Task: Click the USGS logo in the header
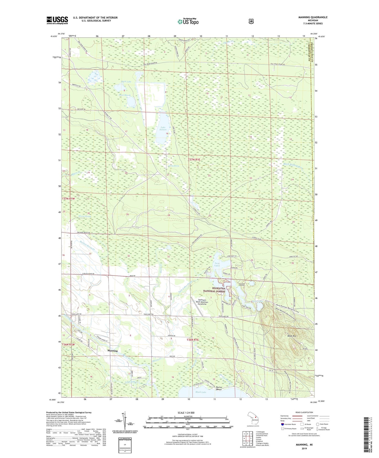click(57, 20)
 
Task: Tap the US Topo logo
click(188, 22)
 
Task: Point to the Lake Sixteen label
click(163, 129)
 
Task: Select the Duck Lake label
click(126, 82)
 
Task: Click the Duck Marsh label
click(124, 95)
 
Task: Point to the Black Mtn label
click(292, 336)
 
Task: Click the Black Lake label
click(201, 392)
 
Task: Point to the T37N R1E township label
click(194, 159)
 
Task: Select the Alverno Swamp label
click(85, 216)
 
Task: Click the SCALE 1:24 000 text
click(186, 413)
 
